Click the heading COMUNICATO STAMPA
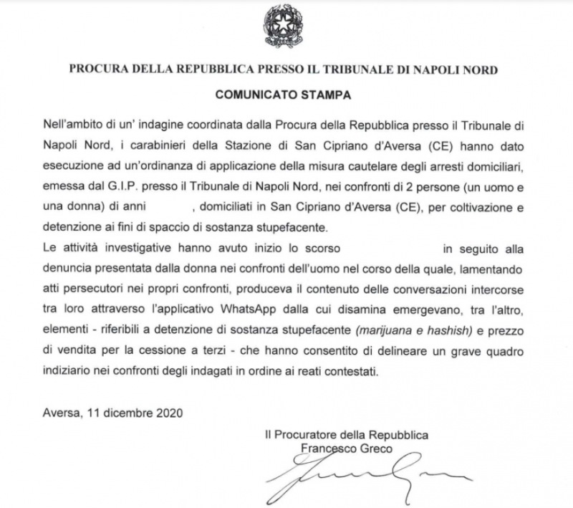[284, 94]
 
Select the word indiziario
[67, 372]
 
